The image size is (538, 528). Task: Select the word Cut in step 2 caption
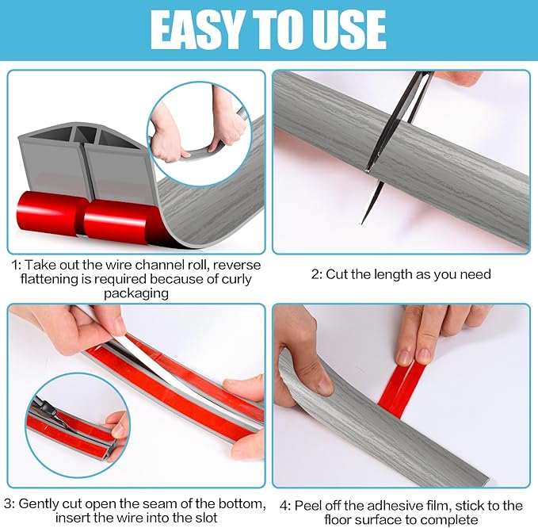point(338,274)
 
